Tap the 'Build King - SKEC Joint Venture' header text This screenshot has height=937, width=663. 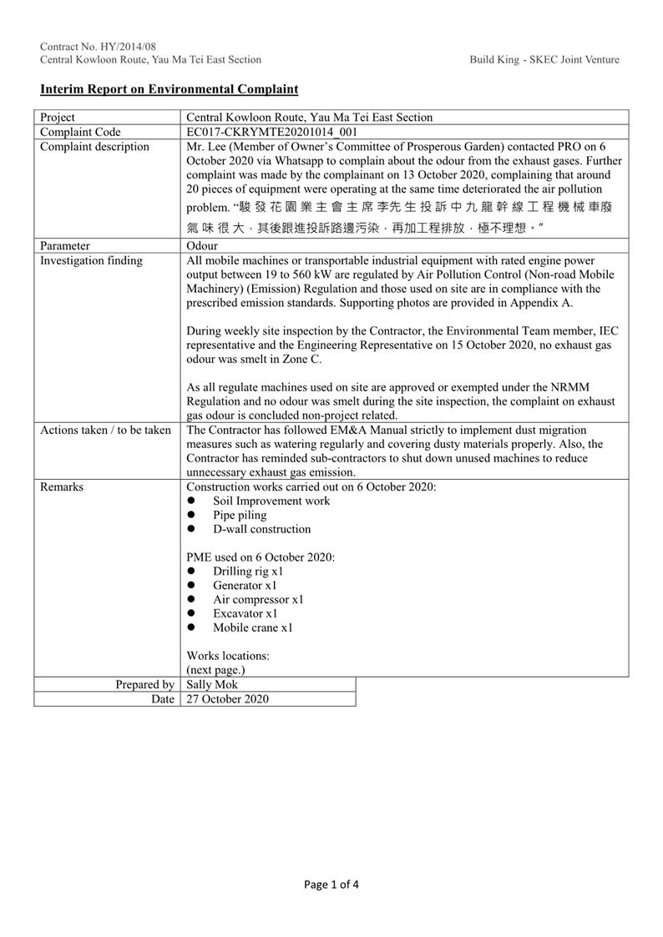point(544,59)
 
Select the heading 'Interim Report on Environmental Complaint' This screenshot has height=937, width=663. point(169,89)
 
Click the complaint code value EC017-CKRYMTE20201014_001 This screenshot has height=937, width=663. point(271,132)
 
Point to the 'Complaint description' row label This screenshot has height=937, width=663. point(94,147)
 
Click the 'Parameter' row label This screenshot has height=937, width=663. point(65,246)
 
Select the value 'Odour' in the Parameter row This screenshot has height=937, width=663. point(203,246)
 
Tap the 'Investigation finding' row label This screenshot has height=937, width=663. point(91,260)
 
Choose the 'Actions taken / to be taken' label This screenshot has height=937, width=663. point(105,430)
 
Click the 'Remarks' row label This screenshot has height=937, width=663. point(62,486)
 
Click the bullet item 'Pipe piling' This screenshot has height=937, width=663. point(240,515)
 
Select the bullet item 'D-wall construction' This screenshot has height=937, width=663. point(261,529)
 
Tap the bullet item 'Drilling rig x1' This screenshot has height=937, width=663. point(248,572)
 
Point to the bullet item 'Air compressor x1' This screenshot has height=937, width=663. point(258,599)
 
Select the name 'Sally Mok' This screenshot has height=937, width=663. point(212,685)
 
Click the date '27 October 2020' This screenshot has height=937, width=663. point(227,699)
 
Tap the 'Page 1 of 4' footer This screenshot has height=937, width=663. point(331,884)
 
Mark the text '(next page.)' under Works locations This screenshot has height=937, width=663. point(215,670)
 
